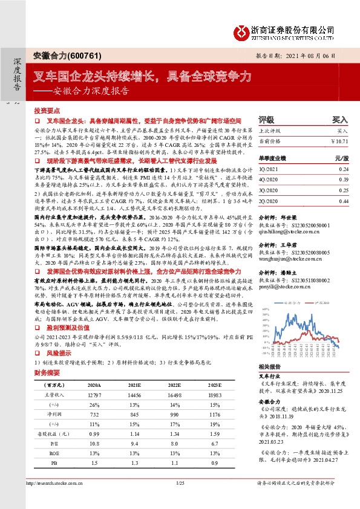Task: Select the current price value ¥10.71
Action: point(340,140)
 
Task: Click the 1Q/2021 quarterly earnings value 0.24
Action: point(344,170)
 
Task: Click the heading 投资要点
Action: point(47,112)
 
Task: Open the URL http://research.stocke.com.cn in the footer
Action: point(53,501)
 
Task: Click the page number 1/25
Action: point(180,501)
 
